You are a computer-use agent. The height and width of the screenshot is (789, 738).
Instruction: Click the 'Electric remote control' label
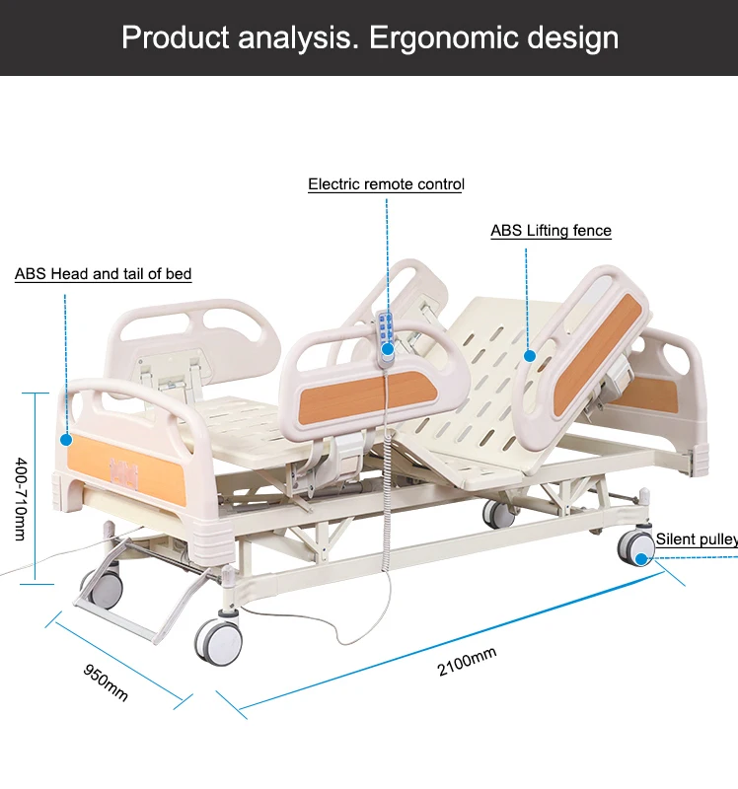[x=386, y=184]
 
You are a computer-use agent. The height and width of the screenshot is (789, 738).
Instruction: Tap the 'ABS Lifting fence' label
[x=551, y=231]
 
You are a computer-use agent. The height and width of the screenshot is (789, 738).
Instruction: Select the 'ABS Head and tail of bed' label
[x=103, y=273]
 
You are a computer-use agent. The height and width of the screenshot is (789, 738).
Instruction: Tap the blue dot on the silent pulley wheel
[x=641, y=559]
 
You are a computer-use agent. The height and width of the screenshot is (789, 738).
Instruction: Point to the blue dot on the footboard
[x=67, y=440]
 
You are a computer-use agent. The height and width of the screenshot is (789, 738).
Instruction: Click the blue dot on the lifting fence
[x=530, y=355]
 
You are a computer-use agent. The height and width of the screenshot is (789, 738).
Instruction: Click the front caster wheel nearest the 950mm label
[x=218, y=641]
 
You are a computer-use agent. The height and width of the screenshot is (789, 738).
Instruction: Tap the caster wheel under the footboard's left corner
[x=104, y=589]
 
